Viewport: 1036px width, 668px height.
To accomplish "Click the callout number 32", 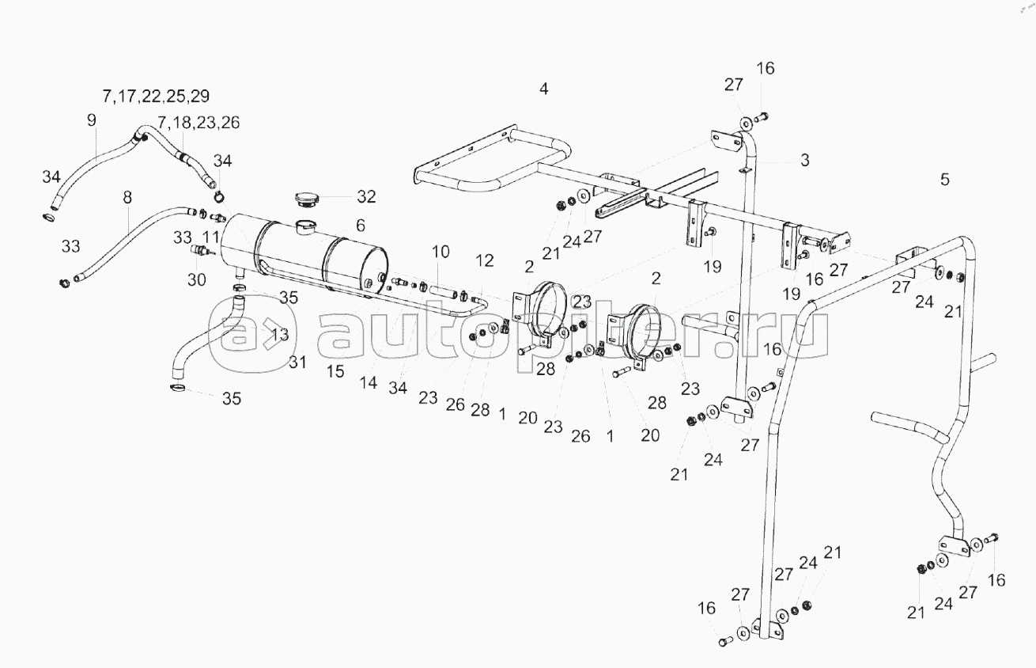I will click(366, 196).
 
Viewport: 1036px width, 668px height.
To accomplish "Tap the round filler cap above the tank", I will click(305, 199).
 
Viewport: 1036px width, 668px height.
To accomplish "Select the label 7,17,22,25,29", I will click(156, 96).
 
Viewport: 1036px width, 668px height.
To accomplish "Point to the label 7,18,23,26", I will click(199, 123).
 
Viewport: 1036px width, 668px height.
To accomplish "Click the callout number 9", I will click(92, 120).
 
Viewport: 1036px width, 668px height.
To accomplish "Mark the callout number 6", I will click(361, 225).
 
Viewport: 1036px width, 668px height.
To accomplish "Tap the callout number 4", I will click(543, 89).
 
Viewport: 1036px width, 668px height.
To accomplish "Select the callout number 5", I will click(945, 179).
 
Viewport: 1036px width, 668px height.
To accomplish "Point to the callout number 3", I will click(804, 161).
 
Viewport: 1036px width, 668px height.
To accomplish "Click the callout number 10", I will click(440, 252).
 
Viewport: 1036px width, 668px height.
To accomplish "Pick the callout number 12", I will click(484, 260).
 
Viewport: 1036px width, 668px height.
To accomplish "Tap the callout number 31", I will click(297, 362).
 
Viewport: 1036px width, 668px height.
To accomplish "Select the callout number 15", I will click(335, 370).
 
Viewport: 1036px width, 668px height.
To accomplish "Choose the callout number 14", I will click(369, 383).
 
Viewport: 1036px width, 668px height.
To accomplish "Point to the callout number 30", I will click(196, 279).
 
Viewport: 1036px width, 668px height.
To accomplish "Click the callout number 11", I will click(210, 237).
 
